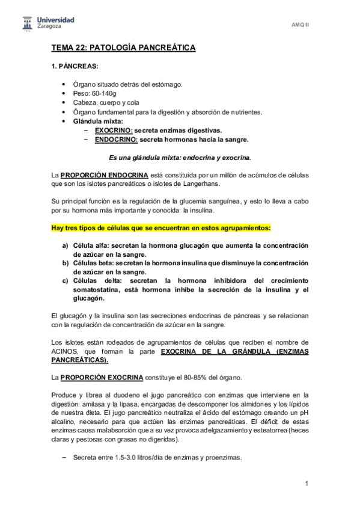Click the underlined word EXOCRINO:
[113, 130]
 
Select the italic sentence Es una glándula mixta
[180, 158]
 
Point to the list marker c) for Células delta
[65, 280]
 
